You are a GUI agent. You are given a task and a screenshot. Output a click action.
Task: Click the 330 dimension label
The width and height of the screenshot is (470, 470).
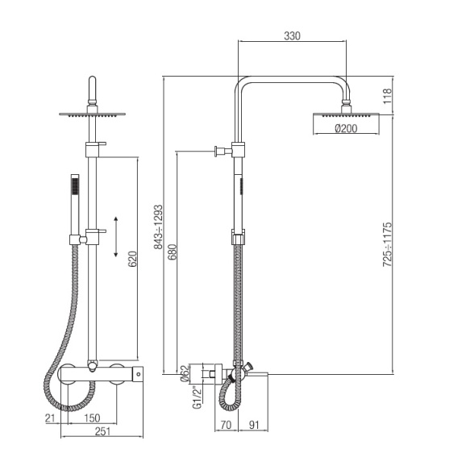coord(292,36)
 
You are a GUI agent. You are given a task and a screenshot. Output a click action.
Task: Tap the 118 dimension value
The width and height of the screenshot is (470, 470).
coord(387,96)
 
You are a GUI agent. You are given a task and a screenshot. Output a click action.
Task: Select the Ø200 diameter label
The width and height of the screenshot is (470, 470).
coord(346,129)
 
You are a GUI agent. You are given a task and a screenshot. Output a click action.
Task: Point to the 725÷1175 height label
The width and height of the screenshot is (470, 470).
coord(387,244)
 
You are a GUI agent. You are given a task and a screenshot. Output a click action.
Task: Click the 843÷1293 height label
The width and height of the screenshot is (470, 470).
coord(158,227)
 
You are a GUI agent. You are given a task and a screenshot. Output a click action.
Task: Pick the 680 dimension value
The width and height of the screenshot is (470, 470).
coord(173,252)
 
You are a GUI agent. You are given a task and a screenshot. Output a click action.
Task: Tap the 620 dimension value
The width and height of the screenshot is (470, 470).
coord(132,260)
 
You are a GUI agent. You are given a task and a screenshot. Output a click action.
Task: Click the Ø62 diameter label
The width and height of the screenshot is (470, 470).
coord(185,373)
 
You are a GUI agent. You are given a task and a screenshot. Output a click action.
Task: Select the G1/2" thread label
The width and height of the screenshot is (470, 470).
coord(197,397)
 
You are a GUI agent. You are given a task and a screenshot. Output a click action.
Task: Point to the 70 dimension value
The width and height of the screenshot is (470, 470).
coord(226,425)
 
